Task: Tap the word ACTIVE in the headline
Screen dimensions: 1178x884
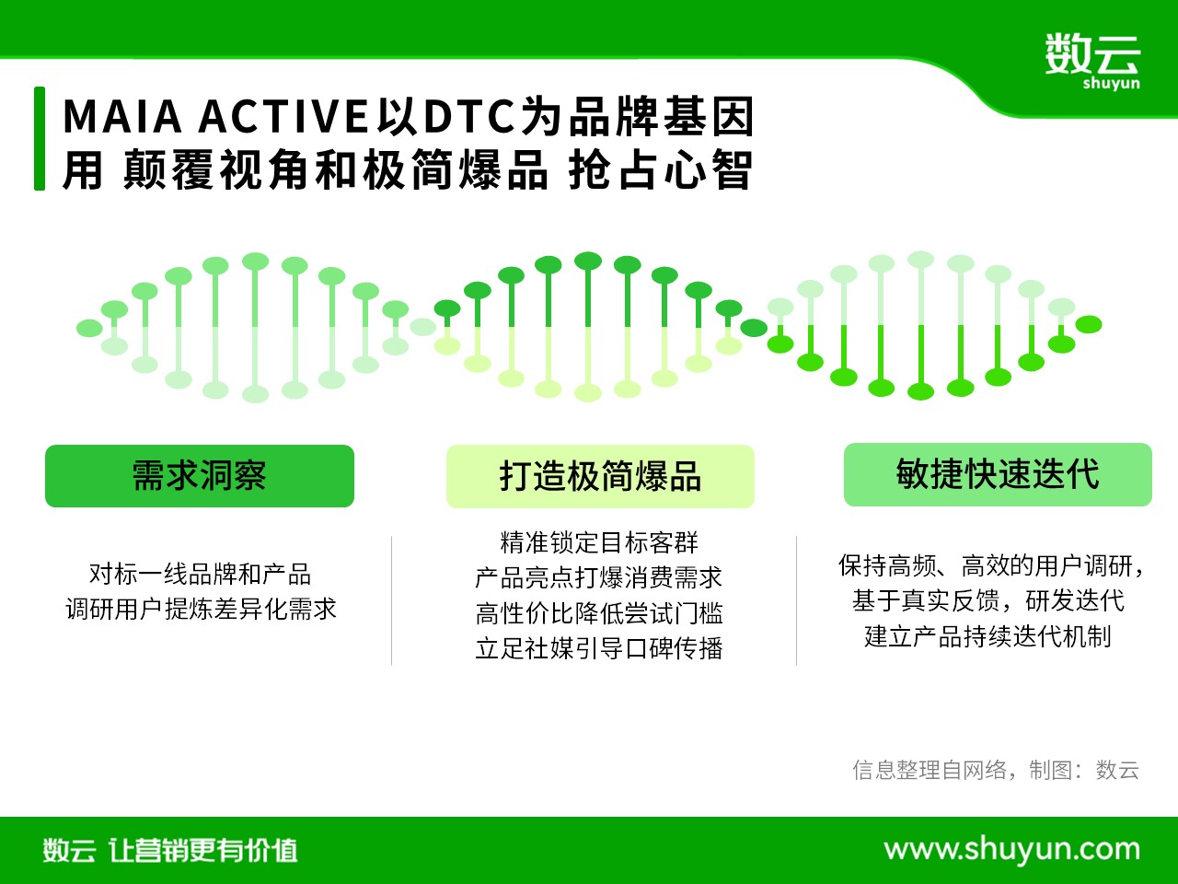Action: coord(283,116)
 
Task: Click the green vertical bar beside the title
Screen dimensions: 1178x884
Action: coord(40,138)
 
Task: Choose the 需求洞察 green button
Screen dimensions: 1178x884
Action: coord(200,475)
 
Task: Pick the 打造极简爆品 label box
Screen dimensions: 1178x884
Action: coord(600,476)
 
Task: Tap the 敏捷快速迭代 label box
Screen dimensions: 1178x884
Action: coord(998,474)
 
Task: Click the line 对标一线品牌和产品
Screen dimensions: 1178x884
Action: coord(200,574)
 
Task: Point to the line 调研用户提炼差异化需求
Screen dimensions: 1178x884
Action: coord(201,610)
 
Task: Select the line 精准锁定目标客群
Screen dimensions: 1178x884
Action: coord(599,542)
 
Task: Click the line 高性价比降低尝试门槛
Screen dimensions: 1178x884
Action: coord(599,613)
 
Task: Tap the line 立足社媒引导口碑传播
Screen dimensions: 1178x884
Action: coord(599,648)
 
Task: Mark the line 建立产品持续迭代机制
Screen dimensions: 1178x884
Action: coord(987,636)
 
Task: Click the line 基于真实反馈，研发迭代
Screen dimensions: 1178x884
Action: coord(988,600)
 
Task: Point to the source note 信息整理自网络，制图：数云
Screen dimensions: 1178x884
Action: coord(996,770)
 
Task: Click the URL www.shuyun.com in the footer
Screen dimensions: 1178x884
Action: coord(1011,850)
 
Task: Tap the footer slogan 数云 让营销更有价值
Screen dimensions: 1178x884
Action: coord(170,850)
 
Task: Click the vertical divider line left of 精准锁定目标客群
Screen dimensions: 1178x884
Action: coord(392,600)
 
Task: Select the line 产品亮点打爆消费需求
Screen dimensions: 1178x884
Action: coord(599,577)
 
